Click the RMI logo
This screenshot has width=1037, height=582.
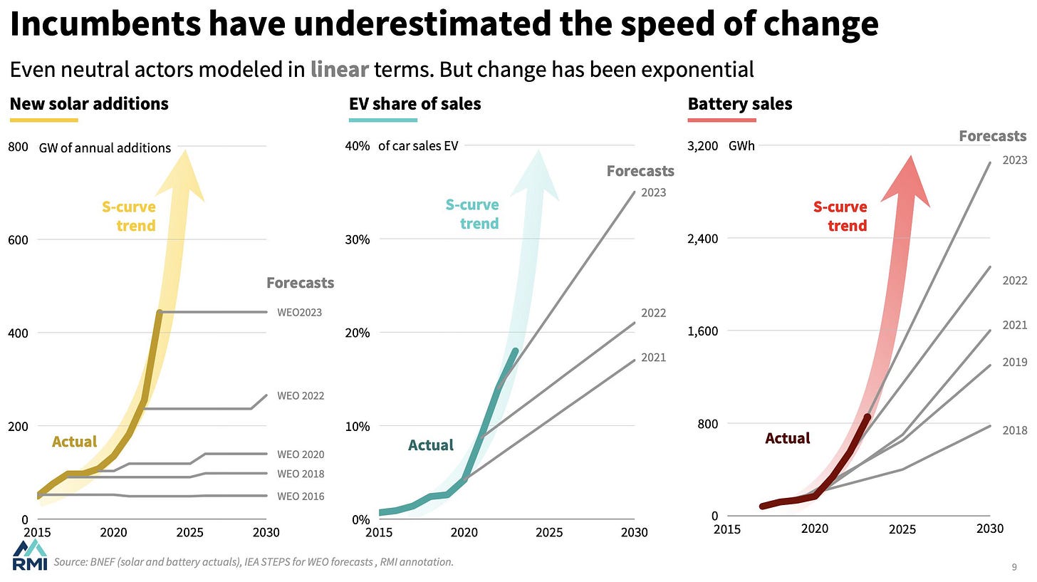pos(30,556)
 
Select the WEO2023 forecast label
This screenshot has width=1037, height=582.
pos(299,312)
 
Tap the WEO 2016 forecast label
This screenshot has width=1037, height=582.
pos(301,496)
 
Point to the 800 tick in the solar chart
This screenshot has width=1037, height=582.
pos(19,147)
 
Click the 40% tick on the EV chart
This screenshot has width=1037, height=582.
pos(358,146)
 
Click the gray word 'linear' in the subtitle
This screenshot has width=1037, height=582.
pos(339,69)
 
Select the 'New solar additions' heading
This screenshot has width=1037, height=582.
pos(89,104)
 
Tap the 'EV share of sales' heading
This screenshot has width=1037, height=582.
pos(415,104)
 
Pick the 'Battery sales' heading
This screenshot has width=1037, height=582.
pos(740,104)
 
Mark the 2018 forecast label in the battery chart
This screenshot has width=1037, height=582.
pos(1014,430)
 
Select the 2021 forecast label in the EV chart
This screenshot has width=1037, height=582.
pos(653,358)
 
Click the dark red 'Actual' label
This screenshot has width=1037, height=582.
pos(787,438)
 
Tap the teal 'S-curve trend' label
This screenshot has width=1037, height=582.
pos(472,214)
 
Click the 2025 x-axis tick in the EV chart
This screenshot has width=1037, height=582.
pos(549,532)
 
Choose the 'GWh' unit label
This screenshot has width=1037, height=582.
pos(741,146)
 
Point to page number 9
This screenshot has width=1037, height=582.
pos(1013,567)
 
